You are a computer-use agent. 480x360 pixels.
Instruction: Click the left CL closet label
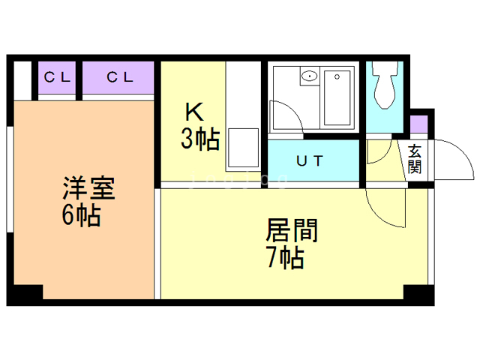click(57, 77)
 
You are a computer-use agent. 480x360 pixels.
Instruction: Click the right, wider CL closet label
click(120, 77)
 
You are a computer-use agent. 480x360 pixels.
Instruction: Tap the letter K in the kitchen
click(194, 112)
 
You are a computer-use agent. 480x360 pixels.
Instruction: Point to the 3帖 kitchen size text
click(200, 139)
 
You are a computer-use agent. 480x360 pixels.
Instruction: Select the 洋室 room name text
click(88, 188)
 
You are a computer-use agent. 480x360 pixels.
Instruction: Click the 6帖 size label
click(81, 215)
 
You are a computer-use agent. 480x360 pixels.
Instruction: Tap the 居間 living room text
click(292, 230)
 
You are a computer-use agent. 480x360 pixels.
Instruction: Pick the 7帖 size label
click(286, 258)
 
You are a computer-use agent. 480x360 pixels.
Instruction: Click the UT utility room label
click(310, 160)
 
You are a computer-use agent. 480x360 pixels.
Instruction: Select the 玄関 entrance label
click(414, 159)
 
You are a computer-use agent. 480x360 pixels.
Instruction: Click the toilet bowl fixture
click(385, 85)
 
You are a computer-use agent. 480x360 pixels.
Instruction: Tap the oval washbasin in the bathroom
click(310, 76)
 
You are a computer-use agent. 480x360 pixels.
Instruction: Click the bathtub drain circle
click(337, 76)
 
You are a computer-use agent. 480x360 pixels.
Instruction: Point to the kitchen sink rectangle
click(243, 148)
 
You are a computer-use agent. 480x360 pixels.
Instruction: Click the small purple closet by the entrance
click(418, 124)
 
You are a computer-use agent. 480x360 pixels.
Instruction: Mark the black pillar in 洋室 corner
click(25, 294)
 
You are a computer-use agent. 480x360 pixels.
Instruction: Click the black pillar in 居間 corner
click(418, 295)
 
